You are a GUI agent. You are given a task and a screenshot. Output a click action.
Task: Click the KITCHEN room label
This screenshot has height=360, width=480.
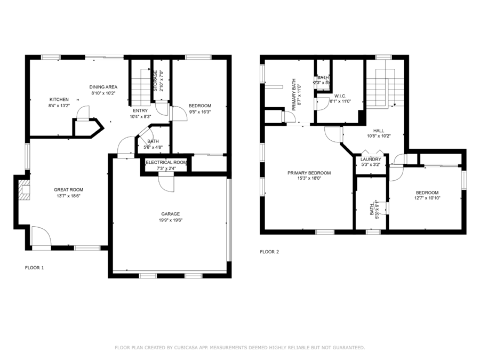coord(59,100)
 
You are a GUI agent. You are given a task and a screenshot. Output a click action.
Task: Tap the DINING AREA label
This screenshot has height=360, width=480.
coord(103,87)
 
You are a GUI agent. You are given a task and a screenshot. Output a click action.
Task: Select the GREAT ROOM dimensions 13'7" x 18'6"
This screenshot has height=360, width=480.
coord(69,196)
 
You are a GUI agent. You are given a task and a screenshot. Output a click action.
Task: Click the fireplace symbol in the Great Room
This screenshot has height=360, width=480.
coord(25,190)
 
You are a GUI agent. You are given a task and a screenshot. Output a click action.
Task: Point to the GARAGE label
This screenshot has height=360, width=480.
coord(171,214)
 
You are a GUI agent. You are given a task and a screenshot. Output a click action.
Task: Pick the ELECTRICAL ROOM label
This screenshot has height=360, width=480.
coord(166,162)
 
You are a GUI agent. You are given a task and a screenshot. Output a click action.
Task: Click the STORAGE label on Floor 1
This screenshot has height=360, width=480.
coord(155,81)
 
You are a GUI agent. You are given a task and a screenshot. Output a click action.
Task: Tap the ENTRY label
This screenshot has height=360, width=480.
coord(140,110)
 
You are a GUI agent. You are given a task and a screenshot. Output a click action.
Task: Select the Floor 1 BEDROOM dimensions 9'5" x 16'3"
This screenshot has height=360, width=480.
coord(200,112)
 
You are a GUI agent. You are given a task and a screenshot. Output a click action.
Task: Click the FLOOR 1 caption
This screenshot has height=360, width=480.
coord(34,268)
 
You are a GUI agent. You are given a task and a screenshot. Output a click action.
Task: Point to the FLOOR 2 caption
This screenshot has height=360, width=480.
coord(269,252)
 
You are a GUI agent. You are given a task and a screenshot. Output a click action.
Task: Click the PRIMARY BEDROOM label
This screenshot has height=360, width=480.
coord(309,173)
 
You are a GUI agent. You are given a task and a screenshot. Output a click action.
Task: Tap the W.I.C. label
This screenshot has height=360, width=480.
coord(340,96)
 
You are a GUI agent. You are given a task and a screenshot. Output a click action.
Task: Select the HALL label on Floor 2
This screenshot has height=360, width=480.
coord(379,131)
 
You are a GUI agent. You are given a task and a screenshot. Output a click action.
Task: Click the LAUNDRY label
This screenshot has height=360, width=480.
coord(371,159)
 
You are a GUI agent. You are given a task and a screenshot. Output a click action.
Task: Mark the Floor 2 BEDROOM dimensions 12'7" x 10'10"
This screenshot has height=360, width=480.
coord(427,198)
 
